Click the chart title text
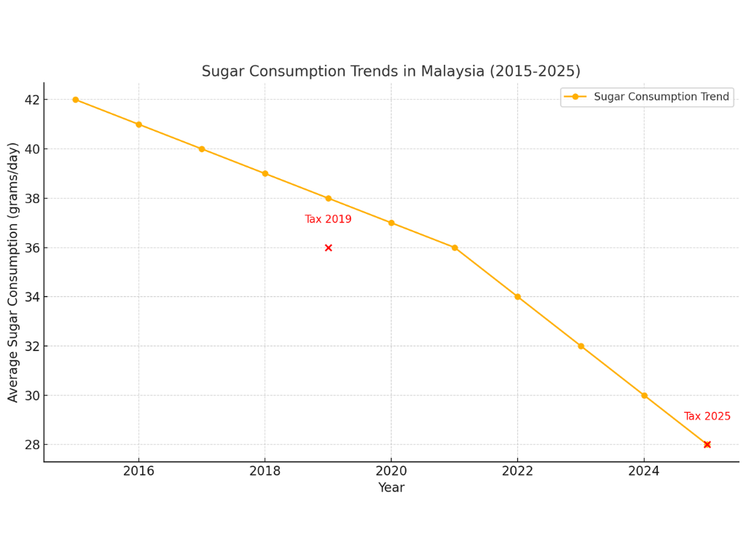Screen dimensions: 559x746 (390, 71)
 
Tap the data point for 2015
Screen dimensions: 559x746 (76, 100)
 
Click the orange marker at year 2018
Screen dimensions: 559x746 (265, 174)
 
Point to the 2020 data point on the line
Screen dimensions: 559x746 (391, 223)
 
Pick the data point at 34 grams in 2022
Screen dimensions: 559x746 (517, 297)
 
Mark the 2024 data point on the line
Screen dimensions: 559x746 (644, 395)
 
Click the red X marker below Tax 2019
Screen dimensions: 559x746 (329, 248)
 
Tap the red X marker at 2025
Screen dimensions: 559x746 (707, 445)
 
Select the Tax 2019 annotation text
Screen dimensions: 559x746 (328, 220)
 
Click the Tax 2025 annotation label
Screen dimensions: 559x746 (707, 416)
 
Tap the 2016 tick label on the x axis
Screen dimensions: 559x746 (138, 472)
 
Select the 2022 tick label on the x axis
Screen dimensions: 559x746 (517, 472)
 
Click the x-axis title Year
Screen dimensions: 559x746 (391, 488)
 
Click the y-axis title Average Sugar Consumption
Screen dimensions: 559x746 (13, 272)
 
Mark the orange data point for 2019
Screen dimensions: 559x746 (329, 199)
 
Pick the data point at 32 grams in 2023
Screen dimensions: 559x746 (581, 346)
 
